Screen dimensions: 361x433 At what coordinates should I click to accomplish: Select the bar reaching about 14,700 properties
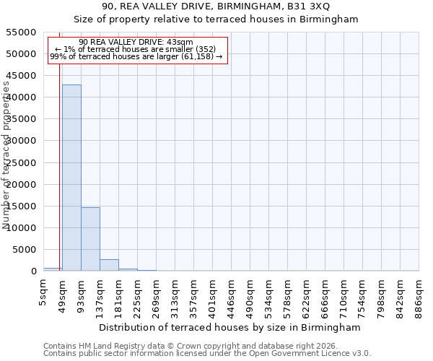(90, 239)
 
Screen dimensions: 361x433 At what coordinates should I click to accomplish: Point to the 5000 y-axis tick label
(25, 250)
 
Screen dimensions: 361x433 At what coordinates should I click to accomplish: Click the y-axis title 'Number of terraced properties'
(6, 155)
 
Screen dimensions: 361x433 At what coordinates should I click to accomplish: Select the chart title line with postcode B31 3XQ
(216, 6)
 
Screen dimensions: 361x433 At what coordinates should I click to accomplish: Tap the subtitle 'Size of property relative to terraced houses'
(216, 19)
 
